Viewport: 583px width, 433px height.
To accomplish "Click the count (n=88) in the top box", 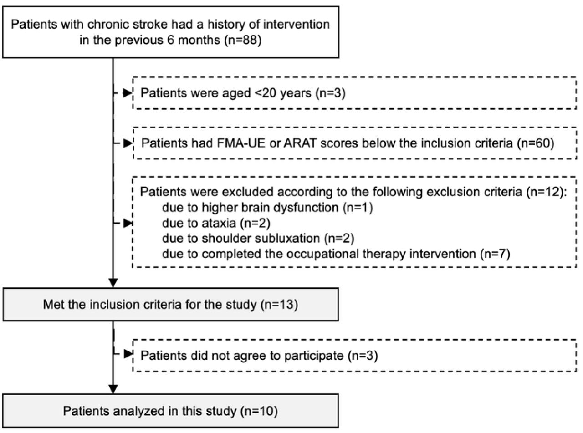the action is coord(243,40).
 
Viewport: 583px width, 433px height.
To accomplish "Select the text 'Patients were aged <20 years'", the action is coord(226,93).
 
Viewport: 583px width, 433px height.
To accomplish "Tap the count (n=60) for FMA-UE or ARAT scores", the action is coord(536,143).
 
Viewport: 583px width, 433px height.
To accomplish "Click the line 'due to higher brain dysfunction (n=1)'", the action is coord(267,208).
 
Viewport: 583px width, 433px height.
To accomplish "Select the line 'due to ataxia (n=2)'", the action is coord(216,223).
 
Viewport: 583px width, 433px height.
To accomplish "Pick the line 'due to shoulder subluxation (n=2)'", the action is coord(258,238).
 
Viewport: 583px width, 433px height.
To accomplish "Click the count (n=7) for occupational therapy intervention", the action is coord(495,254).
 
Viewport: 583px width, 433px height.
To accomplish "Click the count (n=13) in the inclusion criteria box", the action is coord(279,305).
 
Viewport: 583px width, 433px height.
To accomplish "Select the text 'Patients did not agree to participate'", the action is coord(242,356).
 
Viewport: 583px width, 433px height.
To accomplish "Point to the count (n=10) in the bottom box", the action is coord(259,411).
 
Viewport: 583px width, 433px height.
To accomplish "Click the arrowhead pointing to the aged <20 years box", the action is coord(128,93).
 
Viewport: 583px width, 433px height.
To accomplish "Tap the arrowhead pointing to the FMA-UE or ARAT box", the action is coord(128,143).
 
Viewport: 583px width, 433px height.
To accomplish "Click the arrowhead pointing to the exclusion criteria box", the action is coord(128,223).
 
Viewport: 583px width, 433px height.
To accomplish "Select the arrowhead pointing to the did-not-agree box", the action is coord(128,354).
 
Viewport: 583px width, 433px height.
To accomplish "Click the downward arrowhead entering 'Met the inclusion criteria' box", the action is coord(113,283).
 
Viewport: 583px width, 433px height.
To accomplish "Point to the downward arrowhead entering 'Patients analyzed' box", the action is coord(113,389).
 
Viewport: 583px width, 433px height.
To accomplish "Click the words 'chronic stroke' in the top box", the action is coord(127,25).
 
